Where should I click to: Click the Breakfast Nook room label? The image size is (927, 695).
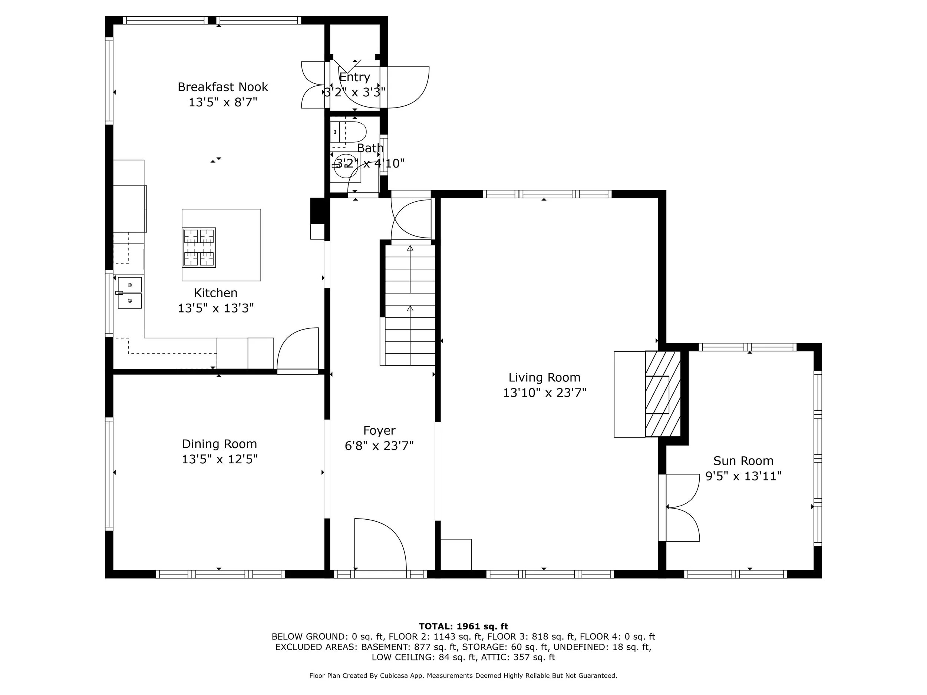click(222, 87)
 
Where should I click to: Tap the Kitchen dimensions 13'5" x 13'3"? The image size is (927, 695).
click(216, 308)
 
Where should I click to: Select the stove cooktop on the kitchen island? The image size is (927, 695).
click(199, 248)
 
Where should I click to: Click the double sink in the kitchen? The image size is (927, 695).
click(129, 293)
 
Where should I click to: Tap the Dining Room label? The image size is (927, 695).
click(219, 444)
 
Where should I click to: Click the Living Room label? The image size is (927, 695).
click(544, 377)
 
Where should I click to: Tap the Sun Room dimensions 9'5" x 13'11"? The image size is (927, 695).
click(743, 476)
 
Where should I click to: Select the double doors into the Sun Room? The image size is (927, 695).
click(681, 508)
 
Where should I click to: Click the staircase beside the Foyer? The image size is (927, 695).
click(410, 306)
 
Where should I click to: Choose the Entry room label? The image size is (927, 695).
click(354, 77)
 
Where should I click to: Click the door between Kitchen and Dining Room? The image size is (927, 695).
click(297, 350)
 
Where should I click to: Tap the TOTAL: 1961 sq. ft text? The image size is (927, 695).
click(463, 626)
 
